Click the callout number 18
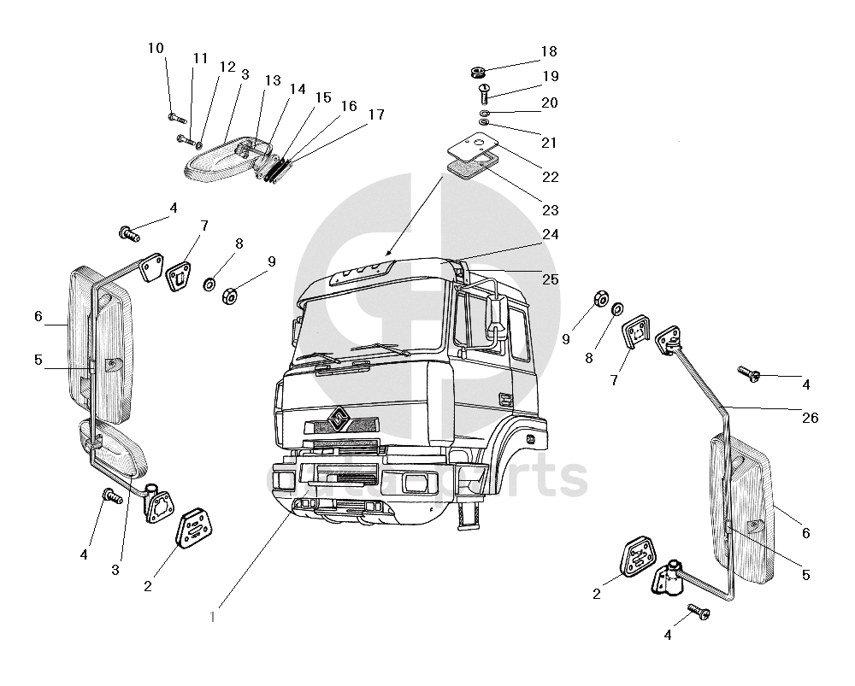click(548, 50)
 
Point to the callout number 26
click(810, 418)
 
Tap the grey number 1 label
click(213, 616)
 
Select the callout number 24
click(550, 234)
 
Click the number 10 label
click(156, 48)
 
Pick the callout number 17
click(376, 114)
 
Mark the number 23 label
click(550, 209)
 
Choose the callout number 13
click(272, 80)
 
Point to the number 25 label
click(550, 279)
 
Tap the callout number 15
click(322, 97)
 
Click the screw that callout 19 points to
click(483, 90)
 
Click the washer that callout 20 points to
click(485, 113)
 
